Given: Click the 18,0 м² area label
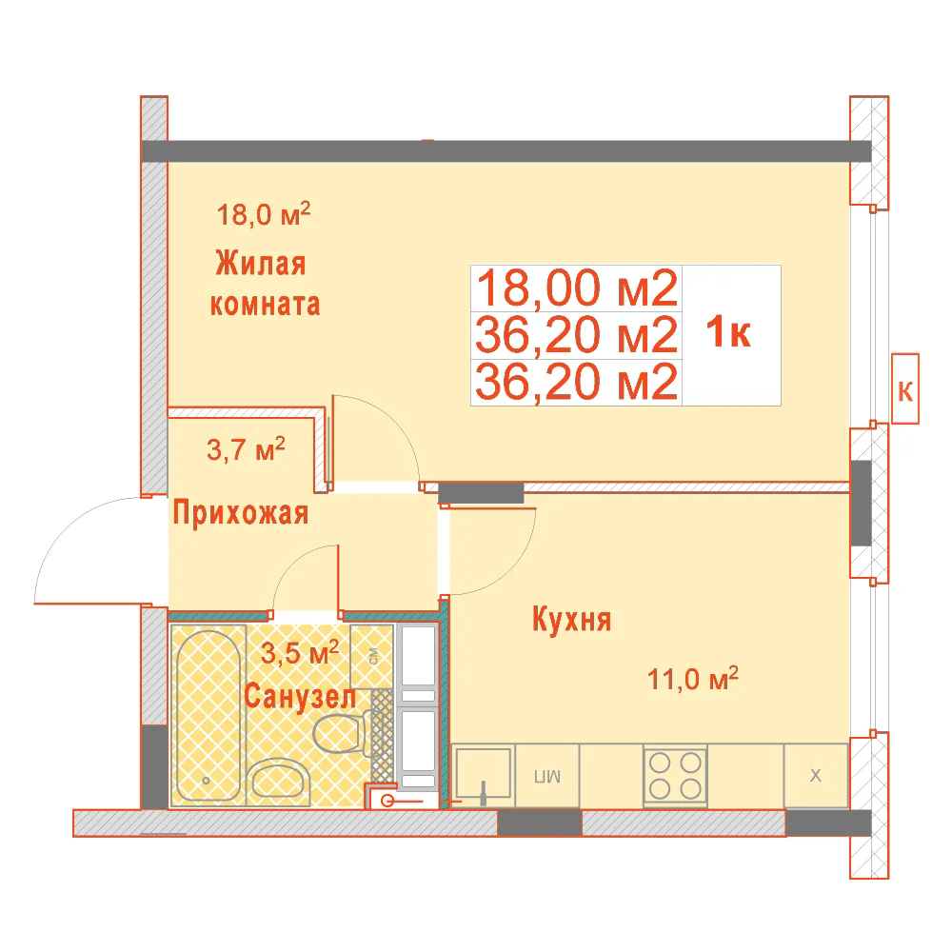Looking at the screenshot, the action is pos(264,214).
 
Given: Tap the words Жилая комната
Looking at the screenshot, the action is pos(265,284).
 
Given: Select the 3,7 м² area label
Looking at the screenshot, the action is pos(246,449).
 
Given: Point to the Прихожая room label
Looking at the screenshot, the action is pos(241,513).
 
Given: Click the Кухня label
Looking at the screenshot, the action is pos(572,620).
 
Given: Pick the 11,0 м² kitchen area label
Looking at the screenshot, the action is pos(693,679).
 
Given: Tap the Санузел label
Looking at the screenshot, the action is pos(300,697).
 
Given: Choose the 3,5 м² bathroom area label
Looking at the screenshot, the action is pos(299,653).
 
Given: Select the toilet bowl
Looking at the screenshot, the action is pos(341,734).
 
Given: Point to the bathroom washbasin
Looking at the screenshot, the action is pos(280,779).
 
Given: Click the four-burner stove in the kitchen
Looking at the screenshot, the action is pos(675,775).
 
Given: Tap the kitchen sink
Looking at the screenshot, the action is pos(484,775).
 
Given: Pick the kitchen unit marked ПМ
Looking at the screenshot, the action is pos(547,776).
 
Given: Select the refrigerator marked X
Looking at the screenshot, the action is pos(816,776).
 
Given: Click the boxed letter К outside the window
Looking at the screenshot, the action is pos(904,388).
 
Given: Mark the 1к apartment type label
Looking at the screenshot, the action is pos(728,332).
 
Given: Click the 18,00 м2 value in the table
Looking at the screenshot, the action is pos(577,288).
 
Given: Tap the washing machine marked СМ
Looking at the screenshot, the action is pos(372,656).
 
